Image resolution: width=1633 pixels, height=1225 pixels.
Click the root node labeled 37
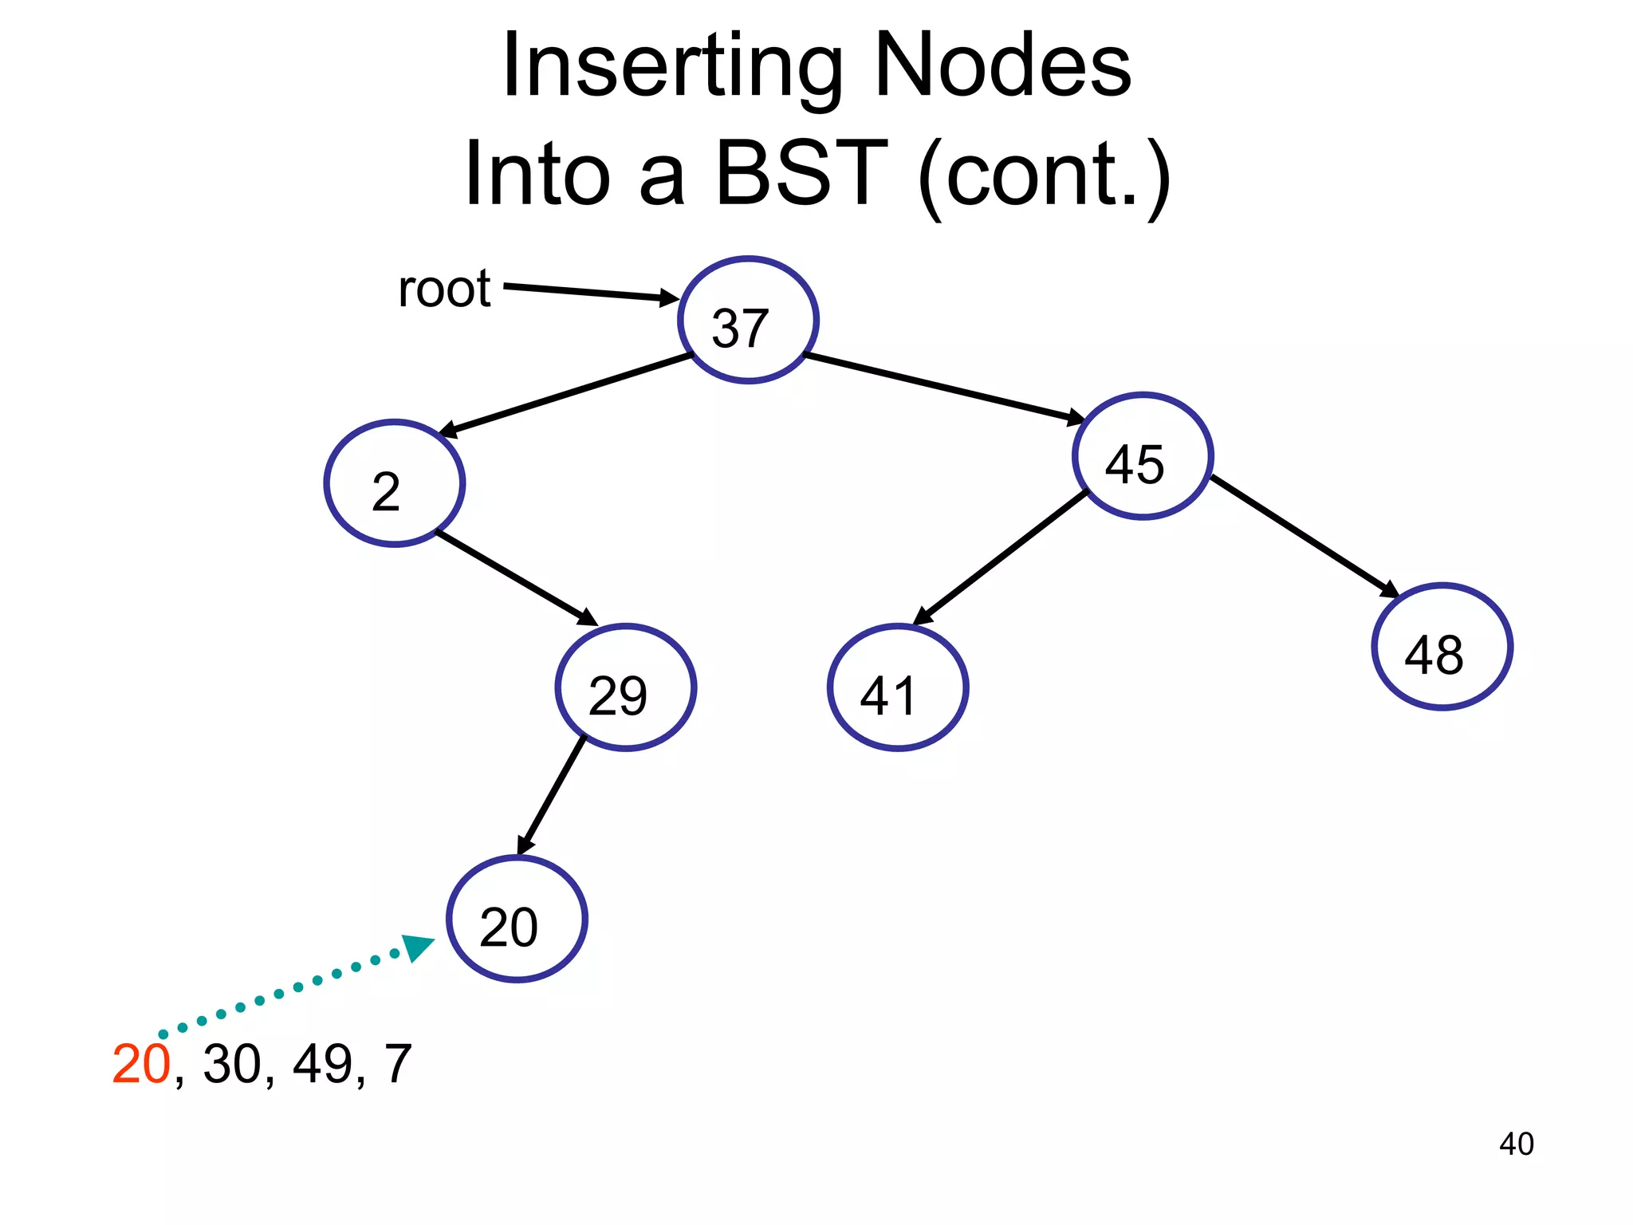(748, 320)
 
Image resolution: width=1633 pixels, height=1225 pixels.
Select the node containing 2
(395, 483)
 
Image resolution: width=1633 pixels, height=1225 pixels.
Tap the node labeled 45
(1143, 456)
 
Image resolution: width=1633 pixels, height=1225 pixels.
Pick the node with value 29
(626, 687)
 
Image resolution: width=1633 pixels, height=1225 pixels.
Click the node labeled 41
(898, 687)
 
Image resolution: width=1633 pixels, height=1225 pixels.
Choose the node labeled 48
(1442, 647)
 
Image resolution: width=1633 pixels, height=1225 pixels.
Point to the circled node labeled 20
(517, 919)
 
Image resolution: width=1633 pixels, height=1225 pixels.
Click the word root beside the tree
(444, 289)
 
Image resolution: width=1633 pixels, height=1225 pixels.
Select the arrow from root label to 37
(590, 292)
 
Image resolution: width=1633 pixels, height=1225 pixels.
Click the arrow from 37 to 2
(566, 396)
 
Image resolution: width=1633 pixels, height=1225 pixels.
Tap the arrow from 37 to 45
(945, 388)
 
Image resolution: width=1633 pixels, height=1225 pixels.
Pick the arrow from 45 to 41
(1001, 557)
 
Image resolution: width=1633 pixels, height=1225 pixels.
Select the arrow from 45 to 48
(1304, 536)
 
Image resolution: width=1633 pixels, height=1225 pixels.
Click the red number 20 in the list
(141, 1064)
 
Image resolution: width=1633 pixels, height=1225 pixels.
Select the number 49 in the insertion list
(323, 1064)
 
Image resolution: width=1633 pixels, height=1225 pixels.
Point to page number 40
(1516, 1144)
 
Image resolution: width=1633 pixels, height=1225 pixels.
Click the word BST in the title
(801, 172)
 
